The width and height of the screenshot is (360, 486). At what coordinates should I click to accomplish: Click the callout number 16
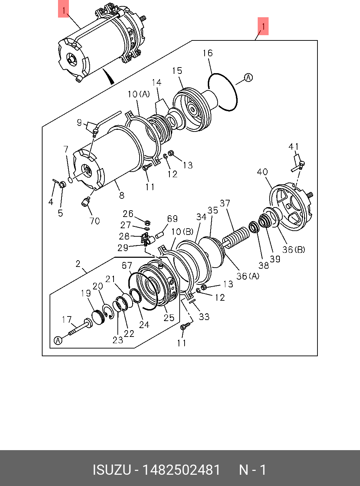pos(207,53)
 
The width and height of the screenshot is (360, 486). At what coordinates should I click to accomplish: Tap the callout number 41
pos(294,147)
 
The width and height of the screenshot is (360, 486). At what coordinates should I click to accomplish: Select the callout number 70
pos(95,221)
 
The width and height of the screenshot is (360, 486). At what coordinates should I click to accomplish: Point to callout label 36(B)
pos(294,250)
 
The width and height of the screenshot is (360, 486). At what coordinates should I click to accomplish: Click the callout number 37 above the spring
pos(225,203)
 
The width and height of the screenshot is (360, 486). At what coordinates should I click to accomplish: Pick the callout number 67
pos(127,266)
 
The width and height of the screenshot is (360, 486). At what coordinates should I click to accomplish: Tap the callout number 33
pos(204,317)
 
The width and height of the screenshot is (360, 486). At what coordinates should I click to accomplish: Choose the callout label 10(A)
pos(139,94)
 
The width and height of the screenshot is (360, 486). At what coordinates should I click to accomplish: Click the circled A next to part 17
pos(58,340)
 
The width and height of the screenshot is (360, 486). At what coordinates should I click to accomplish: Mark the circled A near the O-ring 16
pos(249,77)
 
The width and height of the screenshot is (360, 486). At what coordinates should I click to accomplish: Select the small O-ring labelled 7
pos(70,180)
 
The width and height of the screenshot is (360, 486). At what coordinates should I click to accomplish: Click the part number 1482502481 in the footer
pos(181,470)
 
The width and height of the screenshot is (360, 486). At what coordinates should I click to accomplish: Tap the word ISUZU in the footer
pos(111,470)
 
